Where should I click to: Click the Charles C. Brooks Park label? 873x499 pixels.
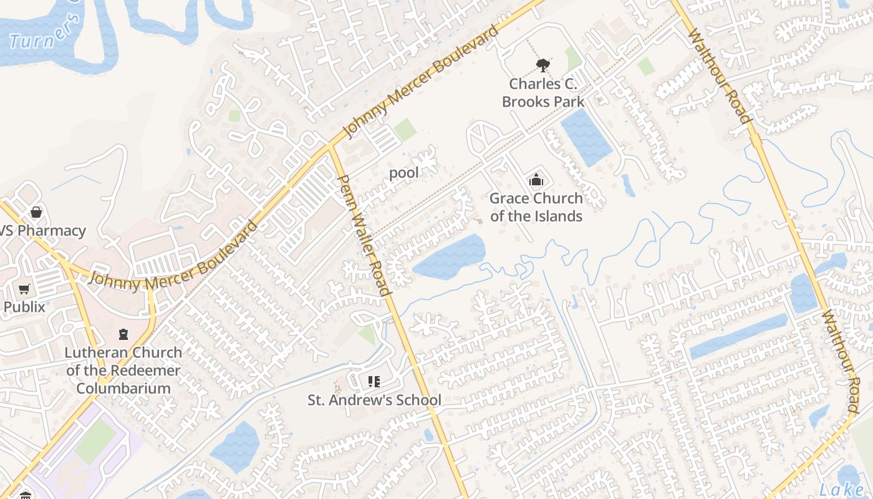543,92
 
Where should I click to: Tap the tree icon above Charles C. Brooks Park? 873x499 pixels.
543,64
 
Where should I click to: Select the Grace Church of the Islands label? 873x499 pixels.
536,207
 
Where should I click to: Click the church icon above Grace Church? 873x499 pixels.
536,180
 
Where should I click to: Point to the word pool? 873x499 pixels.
404,172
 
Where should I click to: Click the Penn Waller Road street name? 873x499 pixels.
364,235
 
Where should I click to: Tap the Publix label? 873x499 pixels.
24,307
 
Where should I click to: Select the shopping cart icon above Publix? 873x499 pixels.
24,289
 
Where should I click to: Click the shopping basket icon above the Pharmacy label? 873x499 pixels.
36,212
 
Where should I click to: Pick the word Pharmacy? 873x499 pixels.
51,231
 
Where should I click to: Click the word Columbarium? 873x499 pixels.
123,388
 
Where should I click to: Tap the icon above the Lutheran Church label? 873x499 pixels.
123,334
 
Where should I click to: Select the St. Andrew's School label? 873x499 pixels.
374,400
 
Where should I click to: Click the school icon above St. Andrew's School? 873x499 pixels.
374,381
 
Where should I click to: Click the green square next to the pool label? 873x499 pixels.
405,130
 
